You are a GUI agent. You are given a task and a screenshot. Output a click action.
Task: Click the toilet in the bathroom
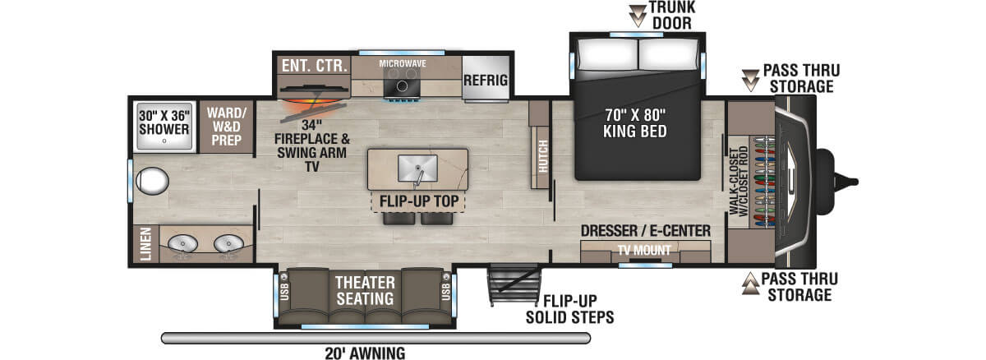152,181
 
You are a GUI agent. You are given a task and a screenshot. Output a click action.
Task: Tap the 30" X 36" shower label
164,122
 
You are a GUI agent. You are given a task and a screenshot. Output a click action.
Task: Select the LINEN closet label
145,244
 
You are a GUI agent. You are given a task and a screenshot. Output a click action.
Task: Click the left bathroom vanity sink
182,244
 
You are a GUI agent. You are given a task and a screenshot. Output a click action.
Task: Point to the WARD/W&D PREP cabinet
226,127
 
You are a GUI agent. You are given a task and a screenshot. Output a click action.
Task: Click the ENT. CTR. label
314,66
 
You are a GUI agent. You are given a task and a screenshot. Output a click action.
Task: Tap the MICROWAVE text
403,64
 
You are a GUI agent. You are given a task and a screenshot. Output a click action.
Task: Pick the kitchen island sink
417,168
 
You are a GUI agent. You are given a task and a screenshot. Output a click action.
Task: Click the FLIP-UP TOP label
419,201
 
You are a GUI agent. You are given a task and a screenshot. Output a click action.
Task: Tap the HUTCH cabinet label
543,156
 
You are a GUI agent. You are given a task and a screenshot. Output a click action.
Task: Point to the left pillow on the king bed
607,55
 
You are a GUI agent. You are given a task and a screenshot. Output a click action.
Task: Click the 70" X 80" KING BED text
634,123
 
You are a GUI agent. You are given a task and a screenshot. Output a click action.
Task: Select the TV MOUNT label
644,251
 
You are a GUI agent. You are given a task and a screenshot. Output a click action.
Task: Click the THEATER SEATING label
365,290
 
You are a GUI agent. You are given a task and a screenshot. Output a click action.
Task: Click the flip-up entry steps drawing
514,285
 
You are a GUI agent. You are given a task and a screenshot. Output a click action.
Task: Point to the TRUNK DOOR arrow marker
638,16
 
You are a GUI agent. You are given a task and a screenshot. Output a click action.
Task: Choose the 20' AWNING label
365,353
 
